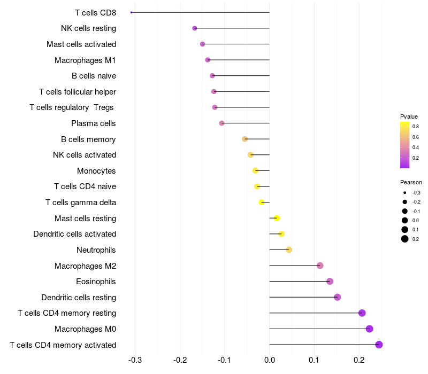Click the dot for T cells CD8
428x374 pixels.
point(131,12)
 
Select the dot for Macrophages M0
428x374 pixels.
point(369,329)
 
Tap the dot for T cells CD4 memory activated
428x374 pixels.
point(379,345)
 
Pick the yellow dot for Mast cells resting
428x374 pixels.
point(277,218)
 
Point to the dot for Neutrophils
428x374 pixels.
point(289,250)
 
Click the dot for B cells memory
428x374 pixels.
point(245,139)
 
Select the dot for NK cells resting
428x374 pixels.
point(195,28)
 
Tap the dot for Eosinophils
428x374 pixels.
point(330,282)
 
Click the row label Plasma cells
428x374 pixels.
point(93,123)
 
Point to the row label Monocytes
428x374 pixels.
point(96,170)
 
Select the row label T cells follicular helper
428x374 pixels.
point(78,91)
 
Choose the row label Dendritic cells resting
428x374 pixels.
point(79,297)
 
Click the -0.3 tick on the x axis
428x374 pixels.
point(135,360)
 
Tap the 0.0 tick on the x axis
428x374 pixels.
point(270,360)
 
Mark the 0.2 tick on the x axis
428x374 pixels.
point(359,360)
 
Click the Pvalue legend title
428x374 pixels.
point(409,116)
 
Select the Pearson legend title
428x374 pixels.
point(411,182)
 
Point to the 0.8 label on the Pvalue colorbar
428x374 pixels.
point(416,127)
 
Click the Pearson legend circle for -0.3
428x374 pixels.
point(405,193)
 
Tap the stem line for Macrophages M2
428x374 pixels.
point(295,266)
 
